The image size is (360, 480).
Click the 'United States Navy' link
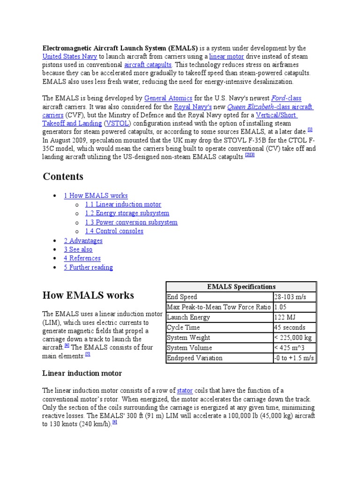coord(70,56)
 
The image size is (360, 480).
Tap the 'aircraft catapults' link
coord(148,65)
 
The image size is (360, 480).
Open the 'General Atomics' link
coord(168,98)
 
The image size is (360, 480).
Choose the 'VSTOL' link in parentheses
coord(117,123)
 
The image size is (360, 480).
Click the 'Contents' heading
coord(63,177)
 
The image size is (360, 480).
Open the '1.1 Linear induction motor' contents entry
coord(123,204)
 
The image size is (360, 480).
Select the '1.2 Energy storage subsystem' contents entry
coord(127,213)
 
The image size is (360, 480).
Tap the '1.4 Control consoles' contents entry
coord(114,231)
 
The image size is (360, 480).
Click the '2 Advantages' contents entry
coord(83,240)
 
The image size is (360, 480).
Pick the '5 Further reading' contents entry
coord(88,268)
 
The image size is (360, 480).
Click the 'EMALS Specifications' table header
coord(241,286)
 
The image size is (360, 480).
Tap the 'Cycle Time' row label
coord(183,328)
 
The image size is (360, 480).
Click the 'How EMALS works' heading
coord(88,295)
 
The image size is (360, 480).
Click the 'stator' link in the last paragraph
coord(185,390)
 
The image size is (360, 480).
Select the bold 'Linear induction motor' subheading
coord(82,373)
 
